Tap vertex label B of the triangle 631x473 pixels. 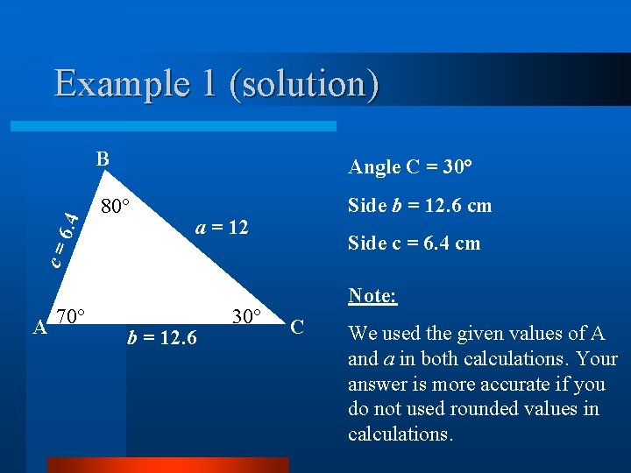(x=103, y=159)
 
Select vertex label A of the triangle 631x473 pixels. (x=39, y=328)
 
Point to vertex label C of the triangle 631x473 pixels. (x=297, y=327)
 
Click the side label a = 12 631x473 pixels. (x=223, y=228)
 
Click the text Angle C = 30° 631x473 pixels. (x=410, y=166)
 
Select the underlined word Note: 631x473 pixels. (x=372, y=295)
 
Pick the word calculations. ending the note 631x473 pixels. (x=401, y=434)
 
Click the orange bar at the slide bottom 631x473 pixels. (x=167, y=465)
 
